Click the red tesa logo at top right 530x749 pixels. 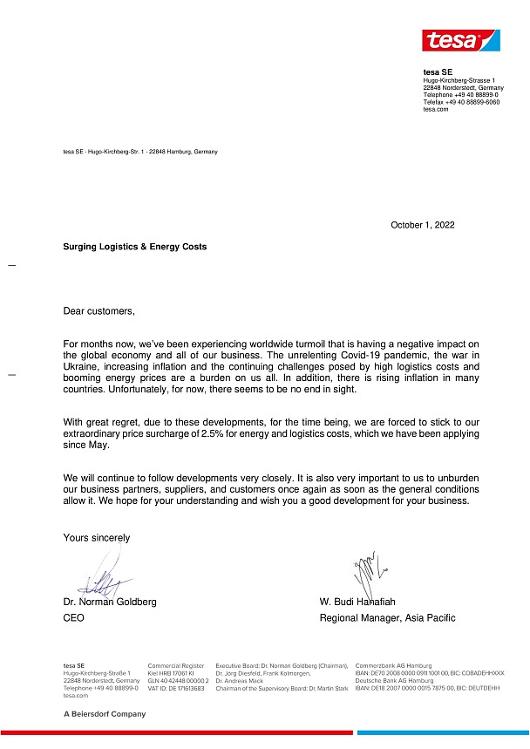click(x=460, y=40)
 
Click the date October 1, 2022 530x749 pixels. click(x=422, y=225)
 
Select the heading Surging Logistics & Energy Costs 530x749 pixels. click(x=135, y=247)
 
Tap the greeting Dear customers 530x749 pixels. click(x=99, y=310)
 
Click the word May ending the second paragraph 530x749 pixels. click(x=99, y=445)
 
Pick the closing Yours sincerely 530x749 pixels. click(x=96, y=538)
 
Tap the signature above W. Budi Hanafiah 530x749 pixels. click(x=366, y=571)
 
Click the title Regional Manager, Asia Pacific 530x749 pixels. click(x=387, y=618)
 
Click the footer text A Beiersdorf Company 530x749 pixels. click(x=105, y=713)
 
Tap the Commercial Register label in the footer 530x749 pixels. click(x=175, y=665)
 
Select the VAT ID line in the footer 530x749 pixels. click(x=175, y=689)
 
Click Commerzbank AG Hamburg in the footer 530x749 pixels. click(x=393, y=665)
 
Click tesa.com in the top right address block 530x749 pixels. click(x=436, y=109)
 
